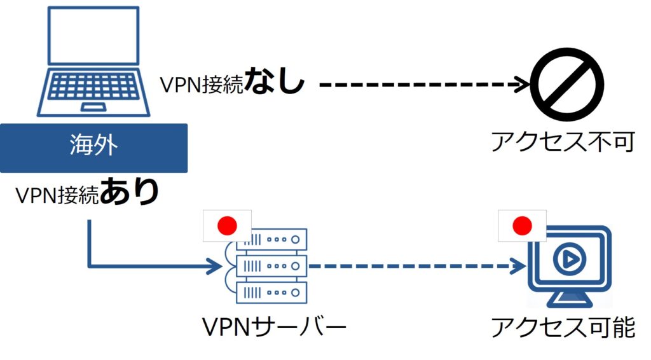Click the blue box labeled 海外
point(93,148)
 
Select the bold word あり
point(130,193)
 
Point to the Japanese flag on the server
point(227,225)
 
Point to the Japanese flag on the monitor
point(523,225)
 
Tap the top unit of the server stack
point(272,240)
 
